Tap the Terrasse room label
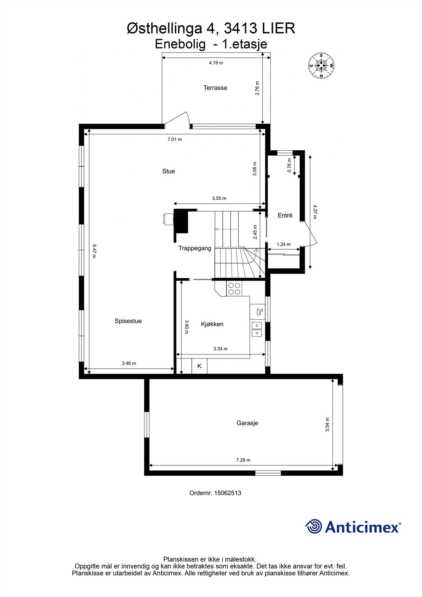coord(215,88)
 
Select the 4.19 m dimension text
coord(216,63)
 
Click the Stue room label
coord(168,171)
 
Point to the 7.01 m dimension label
coord(175,139)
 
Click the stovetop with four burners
coord(234,289)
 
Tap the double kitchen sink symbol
coord(257,329)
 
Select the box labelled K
coord(199,366)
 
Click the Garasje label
coord(247,423)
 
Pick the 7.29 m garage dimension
coord(243,460)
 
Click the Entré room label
coord(285,215)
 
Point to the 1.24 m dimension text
coord(284,244)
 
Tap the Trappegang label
coord(194,248)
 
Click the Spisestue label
coord(128,321)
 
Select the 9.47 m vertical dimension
coord(94,251)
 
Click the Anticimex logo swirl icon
coord(313,527)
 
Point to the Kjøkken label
coord(212,324)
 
